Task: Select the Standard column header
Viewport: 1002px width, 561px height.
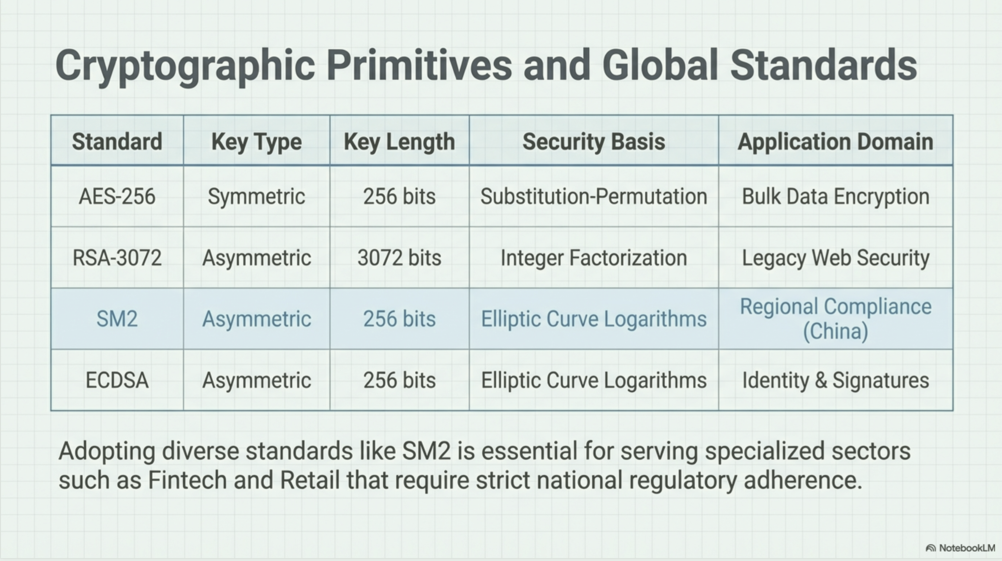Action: (x=117, y=141)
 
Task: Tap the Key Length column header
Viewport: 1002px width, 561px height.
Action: (x=400, y=142)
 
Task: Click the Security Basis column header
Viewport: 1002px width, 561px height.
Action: (x=593, y=142)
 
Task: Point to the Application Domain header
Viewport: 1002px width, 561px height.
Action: (x=836, y=142)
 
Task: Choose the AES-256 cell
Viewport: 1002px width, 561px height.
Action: (x=117, y=196)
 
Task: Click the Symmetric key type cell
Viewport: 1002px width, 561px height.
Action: (x=256, y=197)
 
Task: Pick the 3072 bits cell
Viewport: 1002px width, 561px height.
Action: (x=400, y=258)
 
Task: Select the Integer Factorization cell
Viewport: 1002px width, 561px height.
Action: (x=593, y=258)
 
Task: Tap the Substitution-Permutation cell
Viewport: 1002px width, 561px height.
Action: (x=593, y=196)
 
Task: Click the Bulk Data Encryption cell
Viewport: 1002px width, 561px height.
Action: (x=836, y=197)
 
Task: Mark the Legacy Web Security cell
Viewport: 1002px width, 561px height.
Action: (x=836, y=258)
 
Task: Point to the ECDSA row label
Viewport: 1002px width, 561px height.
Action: (x=117, y=380)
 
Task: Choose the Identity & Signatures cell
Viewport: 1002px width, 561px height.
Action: (x=836, y=381)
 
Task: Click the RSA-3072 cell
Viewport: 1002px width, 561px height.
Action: (x=117, y=258)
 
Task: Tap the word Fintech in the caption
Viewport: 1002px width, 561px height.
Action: (x=188, y=480)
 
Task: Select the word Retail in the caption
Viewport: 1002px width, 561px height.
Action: (x=310, y=480)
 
